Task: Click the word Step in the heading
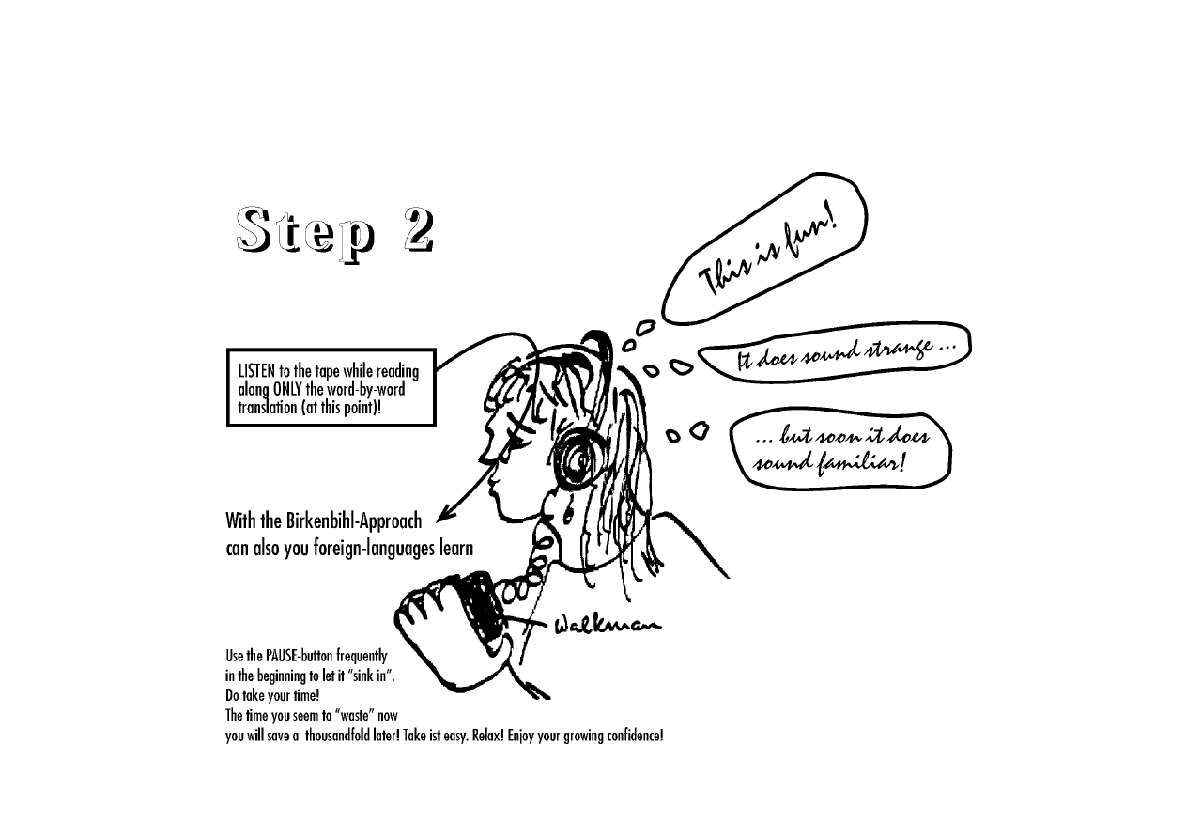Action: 305,234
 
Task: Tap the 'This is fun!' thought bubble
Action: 764,248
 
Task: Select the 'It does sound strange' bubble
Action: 835,351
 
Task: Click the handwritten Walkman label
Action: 608,626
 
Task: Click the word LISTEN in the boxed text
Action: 256,371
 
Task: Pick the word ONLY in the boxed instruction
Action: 287,390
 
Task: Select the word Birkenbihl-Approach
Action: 354,521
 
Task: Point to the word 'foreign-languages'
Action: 375,549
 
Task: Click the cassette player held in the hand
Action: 479,609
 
